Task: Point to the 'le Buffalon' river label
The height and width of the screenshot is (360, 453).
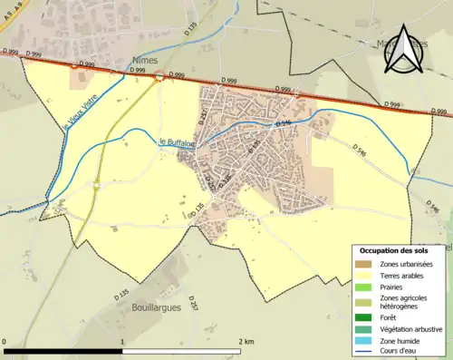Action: click(x=178, y=141)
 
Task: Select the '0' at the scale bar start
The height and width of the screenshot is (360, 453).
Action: click(x=5, y=342)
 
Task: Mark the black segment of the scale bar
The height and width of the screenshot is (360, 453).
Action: click(x=63, y=350)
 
